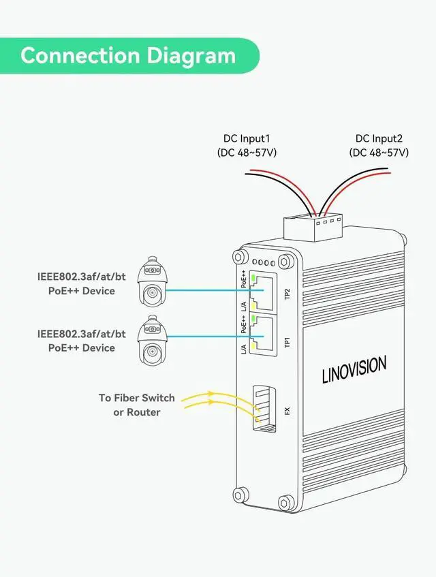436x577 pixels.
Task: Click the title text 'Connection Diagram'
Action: point(128,55)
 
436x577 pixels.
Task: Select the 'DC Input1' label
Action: point(247,138)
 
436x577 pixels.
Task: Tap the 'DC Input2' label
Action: point(379,138)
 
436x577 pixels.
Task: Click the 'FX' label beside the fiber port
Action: point(287,411)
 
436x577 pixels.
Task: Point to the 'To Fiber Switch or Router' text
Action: point(136,405)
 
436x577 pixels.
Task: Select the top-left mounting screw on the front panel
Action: point(239,257)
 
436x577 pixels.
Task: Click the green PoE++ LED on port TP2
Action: point(253,278)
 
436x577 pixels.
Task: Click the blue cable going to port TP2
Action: point(204,290)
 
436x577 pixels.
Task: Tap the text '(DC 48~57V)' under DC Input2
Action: point(379,153)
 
